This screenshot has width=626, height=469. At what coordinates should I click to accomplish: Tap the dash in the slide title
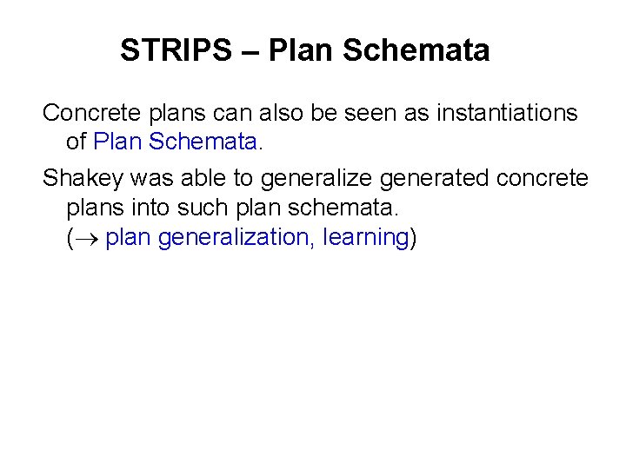(x=250, y=50)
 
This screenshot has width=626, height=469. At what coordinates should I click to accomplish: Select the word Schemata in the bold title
(x=416, y=50)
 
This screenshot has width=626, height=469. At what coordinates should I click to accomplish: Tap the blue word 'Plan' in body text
(x=114, y=139)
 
